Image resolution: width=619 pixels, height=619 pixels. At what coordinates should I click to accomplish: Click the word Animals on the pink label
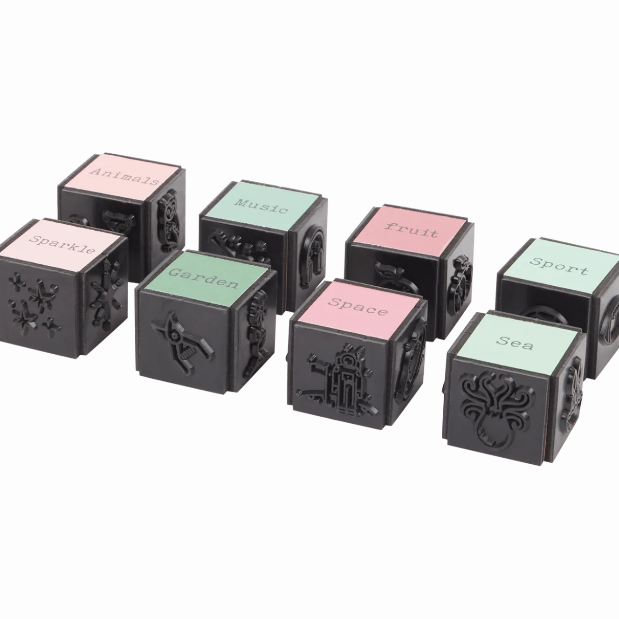click(x=125, y=177)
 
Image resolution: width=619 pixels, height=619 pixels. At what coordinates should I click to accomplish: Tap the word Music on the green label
click(x=261, y=206)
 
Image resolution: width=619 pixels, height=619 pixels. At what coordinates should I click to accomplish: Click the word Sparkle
click(x=62, y=244)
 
